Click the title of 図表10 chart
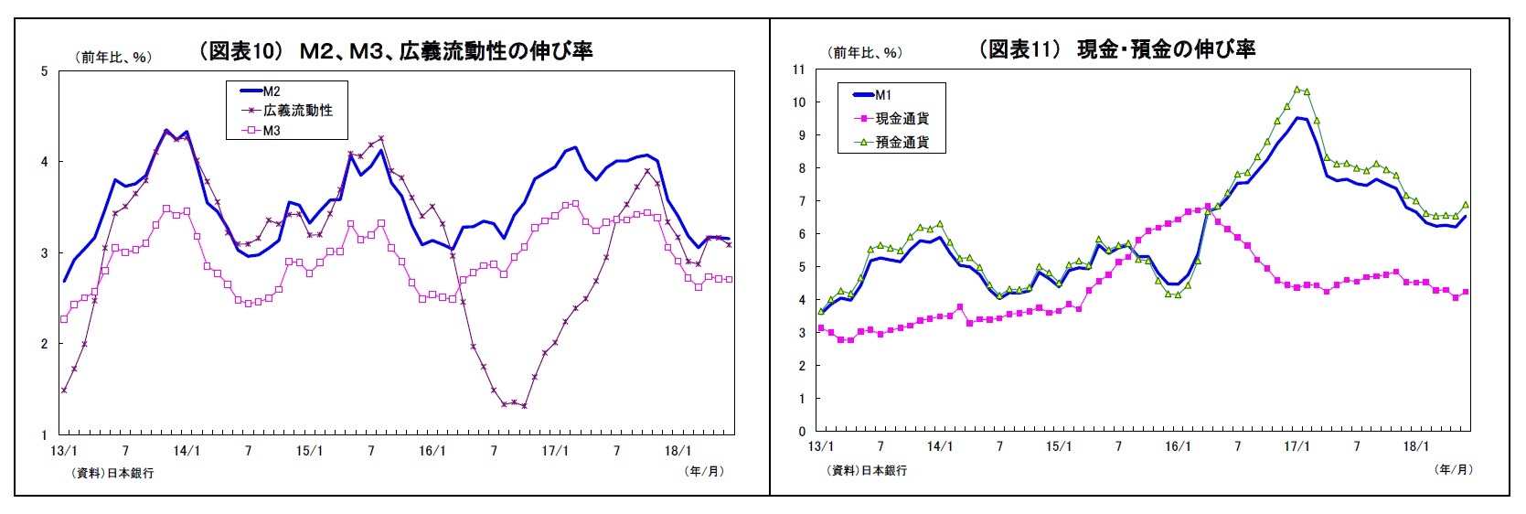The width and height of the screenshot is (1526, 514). [396, 51]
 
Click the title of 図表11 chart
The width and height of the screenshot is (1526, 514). [1116, 49]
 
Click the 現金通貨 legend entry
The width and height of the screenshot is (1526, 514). [902, 118]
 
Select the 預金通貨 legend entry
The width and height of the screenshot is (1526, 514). [902, 142]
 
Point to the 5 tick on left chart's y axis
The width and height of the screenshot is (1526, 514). [44, 71]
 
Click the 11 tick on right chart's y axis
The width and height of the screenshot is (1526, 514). [798, 70]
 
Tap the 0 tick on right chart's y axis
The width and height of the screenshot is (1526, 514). [802, 432]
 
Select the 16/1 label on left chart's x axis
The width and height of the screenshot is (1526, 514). [432, 451]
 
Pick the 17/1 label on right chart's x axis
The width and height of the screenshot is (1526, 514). [1297, 446]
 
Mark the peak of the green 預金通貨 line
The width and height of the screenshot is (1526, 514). [1297, 90]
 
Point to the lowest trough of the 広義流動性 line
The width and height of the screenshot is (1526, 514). [524, 406]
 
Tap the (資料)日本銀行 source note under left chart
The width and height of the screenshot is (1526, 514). [112, 473]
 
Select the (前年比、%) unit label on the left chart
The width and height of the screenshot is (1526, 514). [112, 57]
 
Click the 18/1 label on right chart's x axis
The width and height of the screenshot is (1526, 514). [1415, 446]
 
